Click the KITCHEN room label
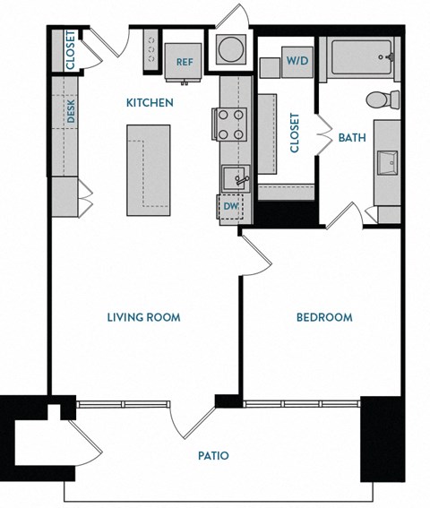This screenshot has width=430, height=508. pos(149,103)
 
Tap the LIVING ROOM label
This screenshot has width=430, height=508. pos(143,317)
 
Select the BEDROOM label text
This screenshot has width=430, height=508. pos(323,317)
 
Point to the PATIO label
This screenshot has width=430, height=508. pos(212,456)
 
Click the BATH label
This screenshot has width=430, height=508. pos(352,138)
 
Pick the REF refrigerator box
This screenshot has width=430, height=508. pos(185,62)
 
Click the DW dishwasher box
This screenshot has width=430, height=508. pos(230,206)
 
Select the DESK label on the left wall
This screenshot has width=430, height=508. pos(70,110)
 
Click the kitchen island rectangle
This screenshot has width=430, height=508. pos(147,169)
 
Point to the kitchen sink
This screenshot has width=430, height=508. pos(235,178)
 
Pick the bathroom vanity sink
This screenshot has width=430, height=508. pos(389,164)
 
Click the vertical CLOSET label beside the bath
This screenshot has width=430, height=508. pos(295,132)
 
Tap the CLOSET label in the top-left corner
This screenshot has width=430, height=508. pos(70,51)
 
